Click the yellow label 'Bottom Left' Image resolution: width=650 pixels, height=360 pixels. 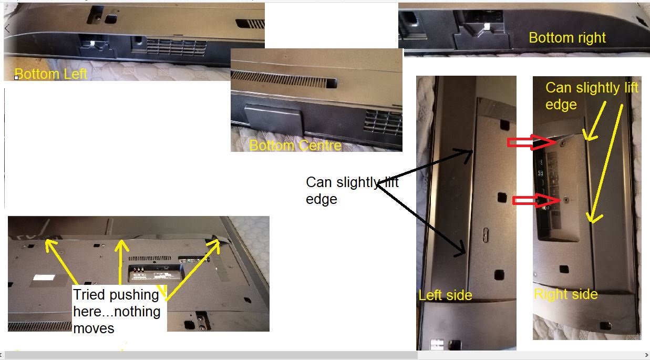tap(51, 74)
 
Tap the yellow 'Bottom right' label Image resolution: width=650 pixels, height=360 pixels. tap(568, 38)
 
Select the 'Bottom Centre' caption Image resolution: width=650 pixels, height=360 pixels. tap(295, 146)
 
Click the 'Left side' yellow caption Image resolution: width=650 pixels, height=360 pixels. tap(445, 295)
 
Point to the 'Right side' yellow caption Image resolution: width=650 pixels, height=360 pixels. tap(566, 294)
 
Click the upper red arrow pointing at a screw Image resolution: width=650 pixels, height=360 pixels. tap(532, 142)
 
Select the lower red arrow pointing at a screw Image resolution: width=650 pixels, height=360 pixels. tap(536, 201)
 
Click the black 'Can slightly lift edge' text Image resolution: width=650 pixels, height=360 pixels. tap(352, 191)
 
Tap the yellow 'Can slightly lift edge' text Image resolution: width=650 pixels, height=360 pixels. tap(592, 96)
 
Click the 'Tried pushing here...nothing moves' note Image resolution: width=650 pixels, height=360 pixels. tap(117, 311)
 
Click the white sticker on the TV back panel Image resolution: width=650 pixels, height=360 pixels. tap(44, 277)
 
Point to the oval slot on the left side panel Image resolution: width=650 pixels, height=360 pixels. tap(486, 235)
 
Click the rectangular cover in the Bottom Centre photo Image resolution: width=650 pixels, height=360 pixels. tap(273, 119)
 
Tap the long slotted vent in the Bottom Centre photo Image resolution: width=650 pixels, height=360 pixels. tap(284, 79)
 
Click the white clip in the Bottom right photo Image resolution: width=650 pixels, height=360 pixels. tap(487, 27)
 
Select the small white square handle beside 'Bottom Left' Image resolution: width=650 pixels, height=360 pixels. tap(16, 77)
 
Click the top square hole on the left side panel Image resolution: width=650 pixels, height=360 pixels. tap(504, 126)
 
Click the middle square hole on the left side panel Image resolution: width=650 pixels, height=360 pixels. tap(502, 198)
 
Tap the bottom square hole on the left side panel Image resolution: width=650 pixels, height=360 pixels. tap(499, 275)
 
